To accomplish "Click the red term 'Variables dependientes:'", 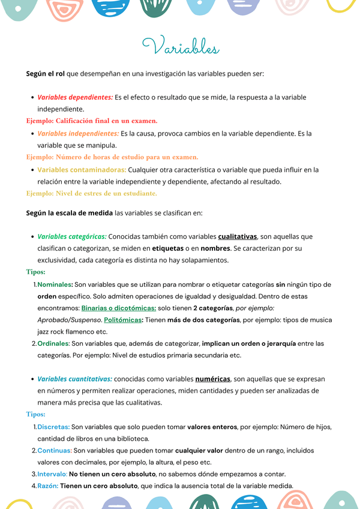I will (x=75, y=97).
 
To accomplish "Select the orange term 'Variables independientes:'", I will (x=78, y=133).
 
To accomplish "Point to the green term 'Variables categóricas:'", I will (x=72, y=236).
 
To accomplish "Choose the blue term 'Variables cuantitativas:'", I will (x=74, y=379).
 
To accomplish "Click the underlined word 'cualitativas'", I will (x=238, y=236).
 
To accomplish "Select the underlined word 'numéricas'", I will (x=213, y=379).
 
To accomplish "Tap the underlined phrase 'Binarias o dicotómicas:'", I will (x=119, y=308).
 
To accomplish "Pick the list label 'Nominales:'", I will (x=55, y=285).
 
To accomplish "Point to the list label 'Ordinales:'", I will (x=53, y=343).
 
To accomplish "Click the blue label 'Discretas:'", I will (x=53, y=427).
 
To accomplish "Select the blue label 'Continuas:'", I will (x=55, y=450).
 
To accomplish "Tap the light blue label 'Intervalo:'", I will (x=52, y=474).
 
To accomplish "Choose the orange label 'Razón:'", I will (x=48, y=486).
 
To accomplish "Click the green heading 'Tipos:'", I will (x=36, y=272).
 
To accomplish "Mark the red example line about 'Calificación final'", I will (x=91, y=121).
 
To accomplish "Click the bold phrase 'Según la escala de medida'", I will (x=69, y=212).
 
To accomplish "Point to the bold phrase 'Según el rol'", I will (x=46, y=74).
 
